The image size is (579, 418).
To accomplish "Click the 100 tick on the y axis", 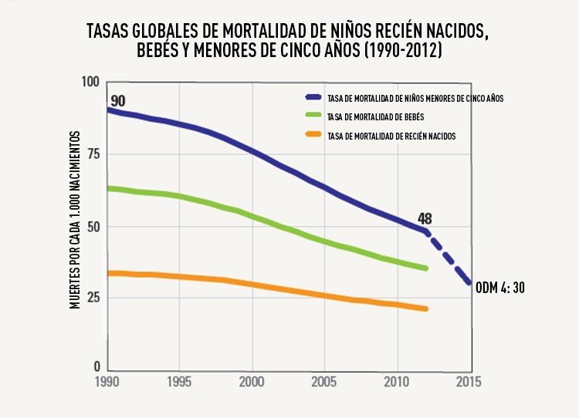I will click(91, 83).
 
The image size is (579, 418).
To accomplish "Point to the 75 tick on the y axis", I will click(94, 153).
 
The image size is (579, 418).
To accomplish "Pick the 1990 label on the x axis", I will click(108, 381).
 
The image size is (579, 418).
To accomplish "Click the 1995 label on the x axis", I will click(179, 381).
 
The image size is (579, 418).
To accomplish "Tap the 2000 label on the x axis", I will click(252, 381).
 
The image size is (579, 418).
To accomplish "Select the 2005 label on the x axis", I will click(324, 381).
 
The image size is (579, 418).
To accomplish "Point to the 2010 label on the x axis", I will click(397, 381).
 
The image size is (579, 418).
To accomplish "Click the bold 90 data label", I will click(117, 101).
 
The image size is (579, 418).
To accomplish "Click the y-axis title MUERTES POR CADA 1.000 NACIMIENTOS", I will click(76, 221).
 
